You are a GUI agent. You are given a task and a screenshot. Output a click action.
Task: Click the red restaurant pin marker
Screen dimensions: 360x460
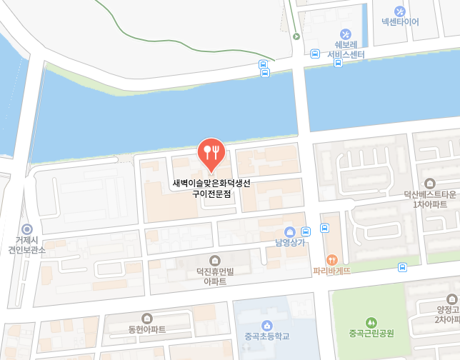coord(211,152)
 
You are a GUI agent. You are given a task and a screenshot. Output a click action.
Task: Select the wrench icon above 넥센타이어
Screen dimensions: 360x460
coord(400,11)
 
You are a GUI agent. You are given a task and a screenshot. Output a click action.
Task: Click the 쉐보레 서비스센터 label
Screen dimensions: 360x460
coord(346,49)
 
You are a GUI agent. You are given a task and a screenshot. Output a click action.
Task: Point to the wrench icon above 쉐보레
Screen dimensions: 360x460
coord(346,34)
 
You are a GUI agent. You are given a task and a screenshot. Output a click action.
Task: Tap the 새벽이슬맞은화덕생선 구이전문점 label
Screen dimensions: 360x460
coord(211,188)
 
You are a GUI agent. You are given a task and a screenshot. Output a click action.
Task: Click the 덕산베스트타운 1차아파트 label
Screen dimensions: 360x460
coord(430,199)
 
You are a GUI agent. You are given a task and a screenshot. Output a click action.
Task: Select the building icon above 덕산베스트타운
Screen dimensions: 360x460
coord(430,183)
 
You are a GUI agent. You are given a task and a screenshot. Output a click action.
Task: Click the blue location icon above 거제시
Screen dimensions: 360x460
coord(26,229)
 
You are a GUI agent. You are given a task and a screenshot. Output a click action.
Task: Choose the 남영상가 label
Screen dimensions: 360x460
coord(290,243)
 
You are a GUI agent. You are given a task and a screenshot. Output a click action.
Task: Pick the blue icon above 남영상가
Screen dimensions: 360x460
coord(290,231)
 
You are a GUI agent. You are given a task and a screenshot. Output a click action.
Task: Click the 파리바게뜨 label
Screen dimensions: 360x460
coord(331,271)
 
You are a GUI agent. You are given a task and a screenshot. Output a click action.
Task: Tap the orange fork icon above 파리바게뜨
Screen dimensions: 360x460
coord(331,260)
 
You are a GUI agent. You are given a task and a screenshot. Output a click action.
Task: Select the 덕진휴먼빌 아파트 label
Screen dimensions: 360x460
coord(215,276)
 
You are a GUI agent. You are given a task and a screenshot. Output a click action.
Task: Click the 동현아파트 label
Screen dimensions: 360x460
coord(147,329)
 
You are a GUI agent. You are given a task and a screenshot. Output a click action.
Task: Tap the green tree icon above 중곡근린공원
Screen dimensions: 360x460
coord(371,322)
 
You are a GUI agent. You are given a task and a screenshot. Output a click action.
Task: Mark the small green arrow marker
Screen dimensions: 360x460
coord(296,36)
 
